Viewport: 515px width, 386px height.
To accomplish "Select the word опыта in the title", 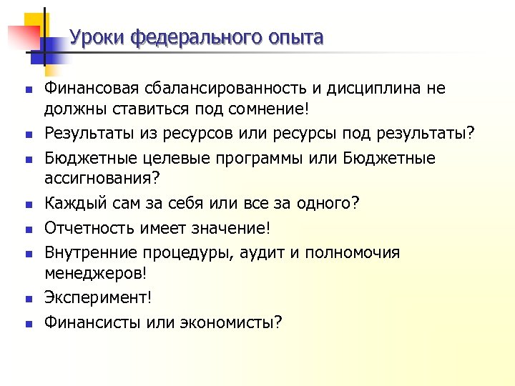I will pyautogui.click(x=293, y=36).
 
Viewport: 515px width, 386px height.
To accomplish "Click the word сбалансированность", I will pyautogui.click(x=226, y=89).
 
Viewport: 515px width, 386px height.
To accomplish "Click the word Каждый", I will pyautogui.click(x=72, y=204).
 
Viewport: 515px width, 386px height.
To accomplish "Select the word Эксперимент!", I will pyautogui.click(x=98, y=298).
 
